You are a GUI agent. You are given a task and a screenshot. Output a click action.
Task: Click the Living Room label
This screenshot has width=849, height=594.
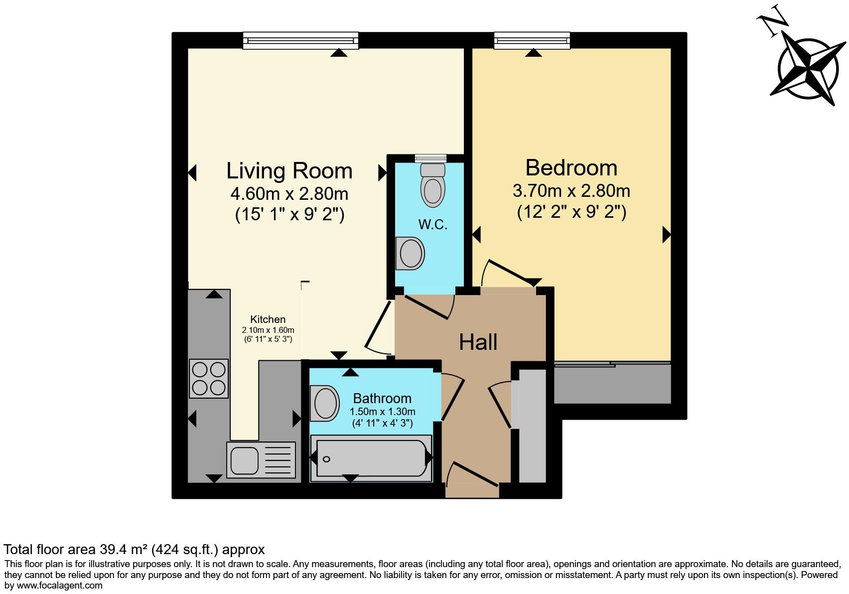coord(289,171)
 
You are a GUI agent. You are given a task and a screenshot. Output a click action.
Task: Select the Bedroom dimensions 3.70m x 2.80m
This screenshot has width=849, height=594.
coord(571,191)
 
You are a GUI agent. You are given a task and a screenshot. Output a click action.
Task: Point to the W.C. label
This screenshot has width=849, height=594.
coord(432,225)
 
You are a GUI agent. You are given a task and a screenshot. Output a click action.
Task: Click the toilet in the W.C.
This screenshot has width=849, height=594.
coord(432,185)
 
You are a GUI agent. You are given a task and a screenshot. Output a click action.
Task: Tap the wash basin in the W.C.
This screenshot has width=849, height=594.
coord(411,253)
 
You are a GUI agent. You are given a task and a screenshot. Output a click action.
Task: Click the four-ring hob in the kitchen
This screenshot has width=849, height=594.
coord(209,378)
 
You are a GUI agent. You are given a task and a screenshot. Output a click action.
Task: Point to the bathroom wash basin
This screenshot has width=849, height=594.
coord(325,403)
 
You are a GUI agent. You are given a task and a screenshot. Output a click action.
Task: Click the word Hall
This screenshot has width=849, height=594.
coord(478,342)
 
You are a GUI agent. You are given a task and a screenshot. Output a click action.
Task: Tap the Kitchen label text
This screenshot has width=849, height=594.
coord(268,319)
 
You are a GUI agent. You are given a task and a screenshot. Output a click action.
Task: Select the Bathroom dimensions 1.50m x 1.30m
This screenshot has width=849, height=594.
coord(382,412)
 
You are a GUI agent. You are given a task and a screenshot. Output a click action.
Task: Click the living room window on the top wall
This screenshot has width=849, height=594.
coord(300,41)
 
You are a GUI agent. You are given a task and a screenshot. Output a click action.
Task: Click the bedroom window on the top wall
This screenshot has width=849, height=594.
coord(532,41)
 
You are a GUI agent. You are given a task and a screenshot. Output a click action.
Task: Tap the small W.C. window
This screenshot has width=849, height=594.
coord(431,158)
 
